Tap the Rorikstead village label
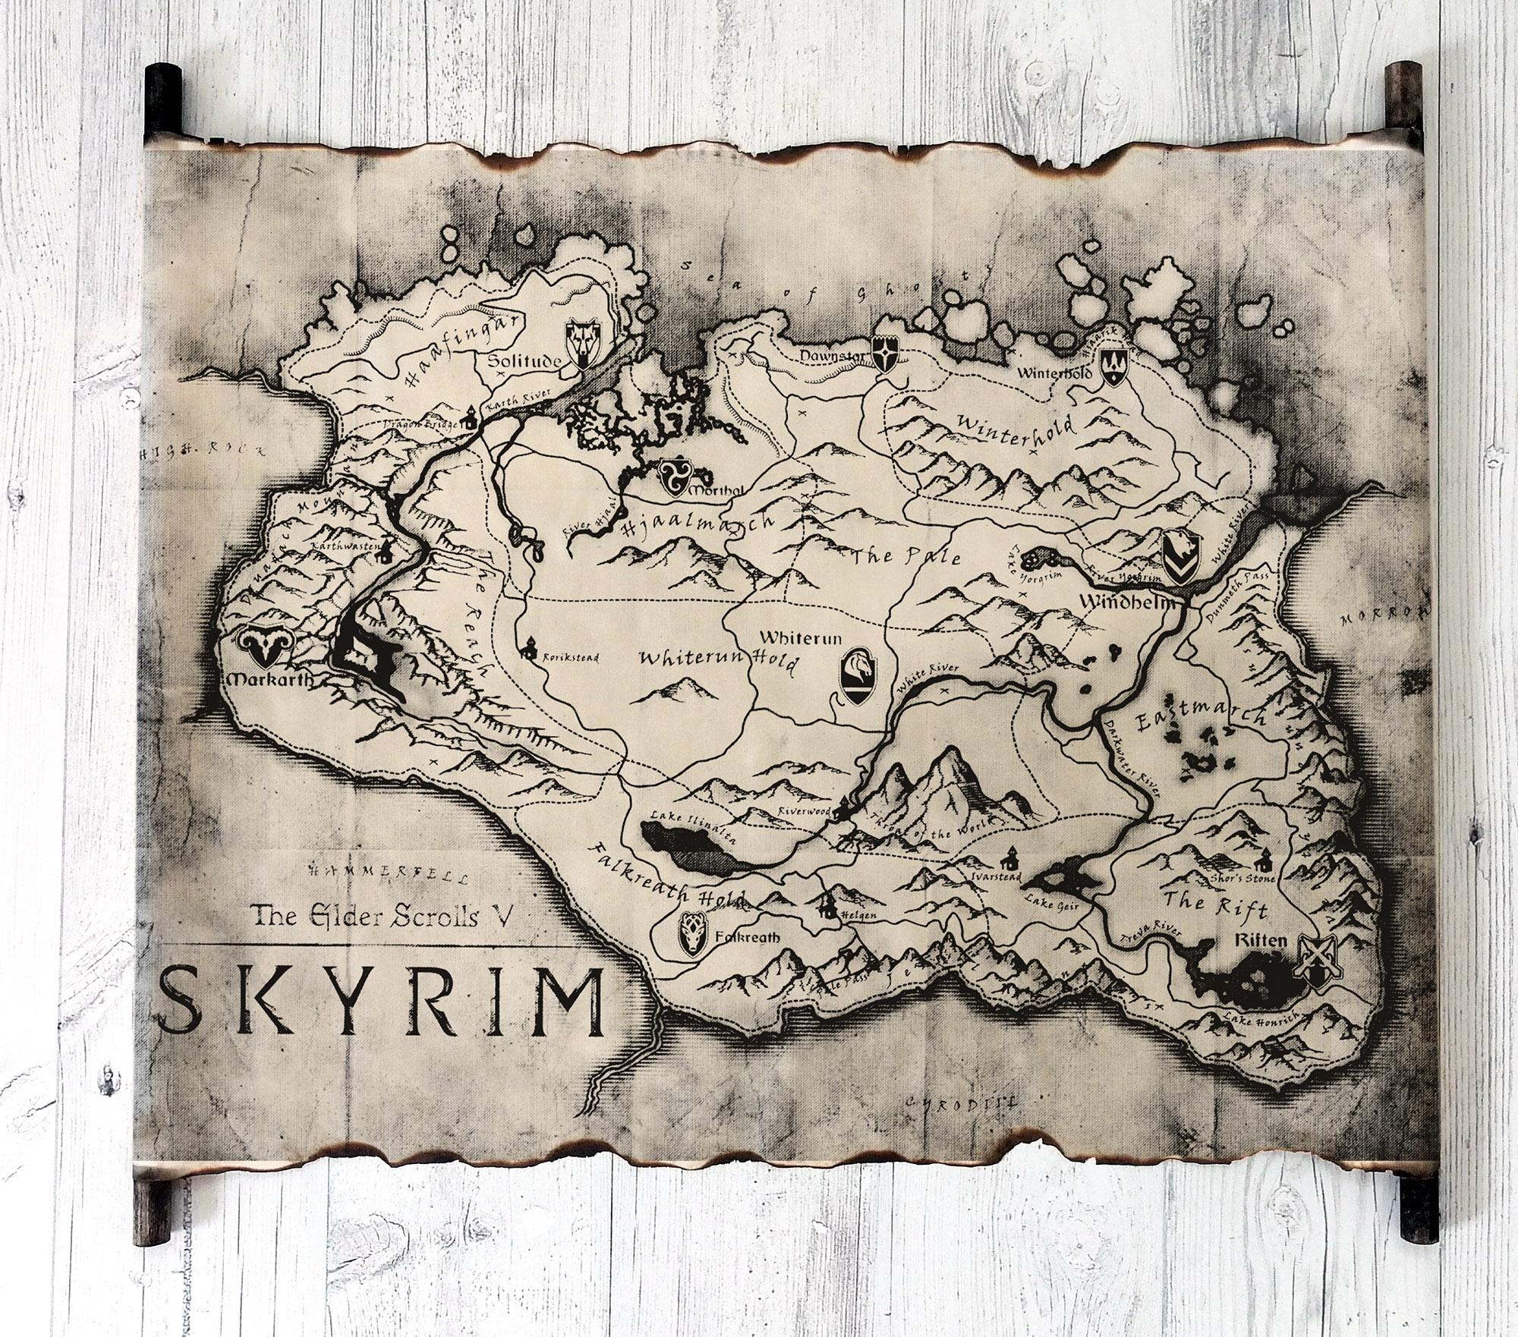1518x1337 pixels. (x=570, y=658)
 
